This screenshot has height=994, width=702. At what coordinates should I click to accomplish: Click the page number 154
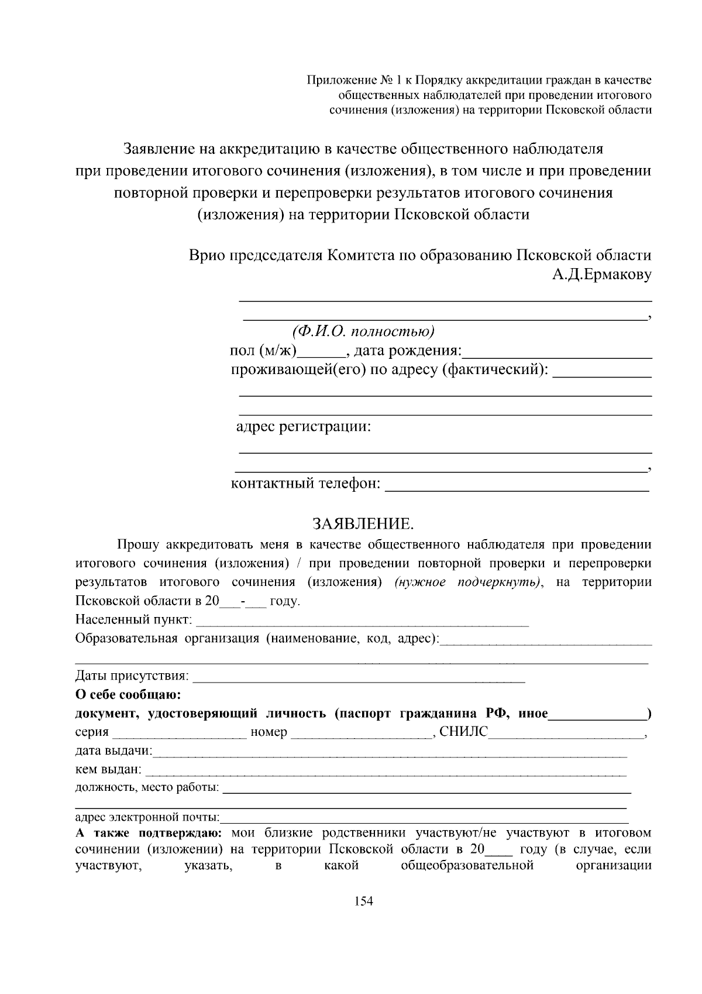coord(364,901)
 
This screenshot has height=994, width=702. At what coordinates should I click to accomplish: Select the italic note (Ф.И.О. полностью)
coord(363,331)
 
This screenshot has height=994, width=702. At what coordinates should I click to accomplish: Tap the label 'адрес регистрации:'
coord(303,426)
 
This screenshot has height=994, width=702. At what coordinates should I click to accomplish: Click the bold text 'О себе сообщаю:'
coord(128,695)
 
